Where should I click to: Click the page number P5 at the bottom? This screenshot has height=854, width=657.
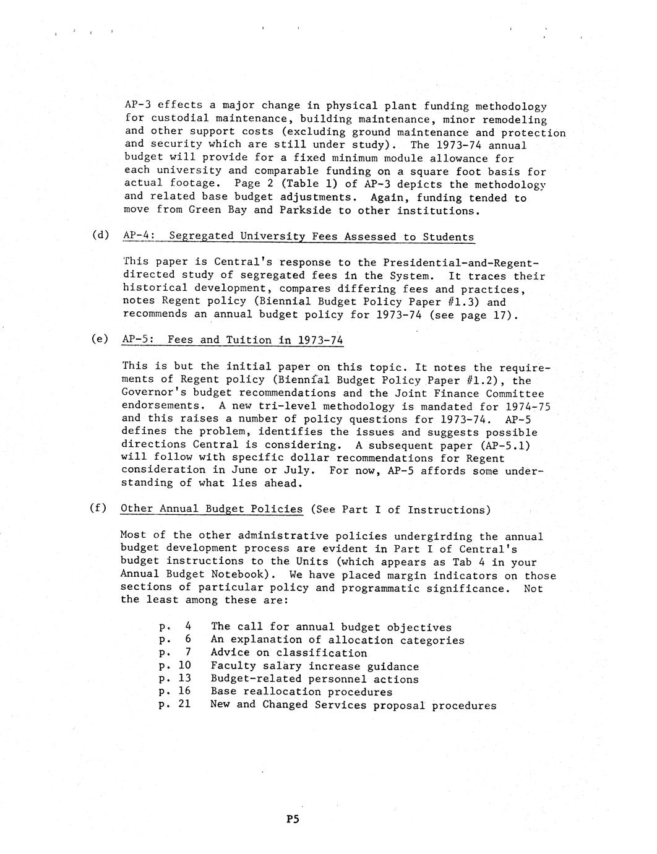(293, 820)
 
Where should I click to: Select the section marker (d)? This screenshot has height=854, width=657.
(99, 235)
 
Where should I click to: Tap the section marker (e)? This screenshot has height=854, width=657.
(99, 339)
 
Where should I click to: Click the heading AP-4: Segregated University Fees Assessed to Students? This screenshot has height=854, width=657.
(298, 236)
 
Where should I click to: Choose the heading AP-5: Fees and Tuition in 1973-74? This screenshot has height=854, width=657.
(233, 340)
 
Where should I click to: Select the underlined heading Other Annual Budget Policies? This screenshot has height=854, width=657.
(212, 509)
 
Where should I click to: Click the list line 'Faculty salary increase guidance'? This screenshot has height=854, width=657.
(314, 666)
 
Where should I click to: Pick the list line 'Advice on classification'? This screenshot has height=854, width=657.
(288, 653)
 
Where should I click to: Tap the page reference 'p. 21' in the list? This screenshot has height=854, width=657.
(174, 704)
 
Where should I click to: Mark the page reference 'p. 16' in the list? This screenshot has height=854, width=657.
(174, 691)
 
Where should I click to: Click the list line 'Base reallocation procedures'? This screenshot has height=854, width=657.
(301, 692)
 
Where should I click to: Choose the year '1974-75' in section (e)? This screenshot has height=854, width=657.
(527, 407)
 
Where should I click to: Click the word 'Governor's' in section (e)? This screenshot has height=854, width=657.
(154, 393)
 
